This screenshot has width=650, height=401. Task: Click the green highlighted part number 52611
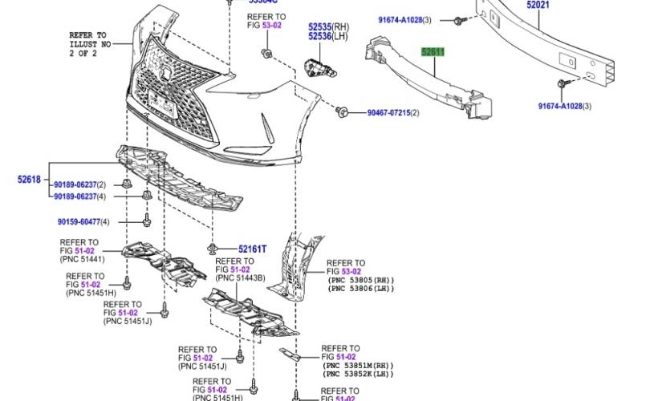[x=433, y=52]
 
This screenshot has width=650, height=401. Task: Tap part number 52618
[x=29, y=180]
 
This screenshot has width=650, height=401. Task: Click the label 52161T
[x=252, y=249]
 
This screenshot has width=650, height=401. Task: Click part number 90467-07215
[x=388, y=113]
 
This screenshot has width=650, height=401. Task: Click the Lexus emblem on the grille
[x=167, y=74]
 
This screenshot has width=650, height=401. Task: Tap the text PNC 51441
[x=83, y=259]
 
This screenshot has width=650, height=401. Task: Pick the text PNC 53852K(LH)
[x=357, y=375]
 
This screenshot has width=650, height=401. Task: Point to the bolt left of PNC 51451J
[x=165, y=310]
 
